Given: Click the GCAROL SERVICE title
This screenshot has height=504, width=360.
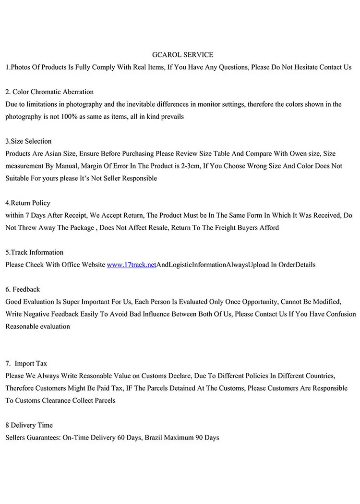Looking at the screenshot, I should pyautogui.click(x=182, y=55).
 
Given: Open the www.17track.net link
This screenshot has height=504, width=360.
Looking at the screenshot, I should pyautogui.click(x=132, y=265).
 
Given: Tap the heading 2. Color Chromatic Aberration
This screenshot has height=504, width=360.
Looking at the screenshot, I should pyautogui.click(x=49, y=92).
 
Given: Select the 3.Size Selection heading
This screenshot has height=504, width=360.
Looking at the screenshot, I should pyautogui.click(x=28, y=141).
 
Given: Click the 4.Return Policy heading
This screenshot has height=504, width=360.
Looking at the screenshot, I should pyautogui.click(x=28, y=203).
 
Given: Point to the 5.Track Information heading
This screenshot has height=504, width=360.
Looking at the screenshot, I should pyautogui.click(x=34, y=252).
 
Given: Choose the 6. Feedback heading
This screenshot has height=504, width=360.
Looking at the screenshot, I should pyautogui.click(x=23, y=289).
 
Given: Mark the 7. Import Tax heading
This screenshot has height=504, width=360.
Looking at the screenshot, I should pyautogui.click(x=26, y=364).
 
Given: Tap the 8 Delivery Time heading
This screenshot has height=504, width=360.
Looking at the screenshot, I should pyautogui.click(x=29, y=425).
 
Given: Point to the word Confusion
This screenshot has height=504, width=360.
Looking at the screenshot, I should pyautogui.click(x=341, y=314).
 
